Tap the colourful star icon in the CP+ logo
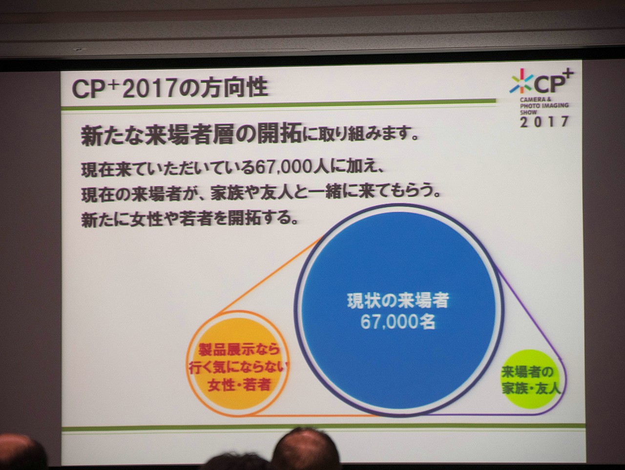point(521,82)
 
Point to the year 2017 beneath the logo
point(544,122)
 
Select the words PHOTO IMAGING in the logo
point(544,106)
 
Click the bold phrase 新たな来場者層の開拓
point(191,136)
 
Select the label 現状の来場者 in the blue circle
point(398,301)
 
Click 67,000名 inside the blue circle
point(398,323)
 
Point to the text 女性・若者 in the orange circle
point(239,385)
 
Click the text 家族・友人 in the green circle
point(531,389)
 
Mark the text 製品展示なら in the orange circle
point(239,350)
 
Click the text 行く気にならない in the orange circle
point(238,368)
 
